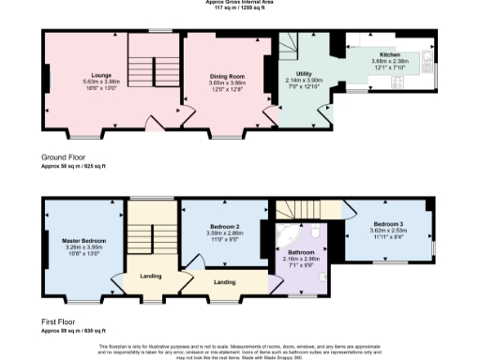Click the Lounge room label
pos(101,74)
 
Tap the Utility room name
pos(304,72)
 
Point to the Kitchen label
pos(389,55)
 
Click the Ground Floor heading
pos(66,156)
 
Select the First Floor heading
pos(63,322)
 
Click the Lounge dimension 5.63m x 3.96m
pos(101,82)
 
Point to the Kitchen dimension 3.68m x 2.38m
pos(389,63)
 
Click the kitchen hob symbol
pos(397,83)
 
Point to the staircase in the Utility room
pos(293,47)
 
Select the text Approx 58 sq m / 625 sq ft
pos(73,164)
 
